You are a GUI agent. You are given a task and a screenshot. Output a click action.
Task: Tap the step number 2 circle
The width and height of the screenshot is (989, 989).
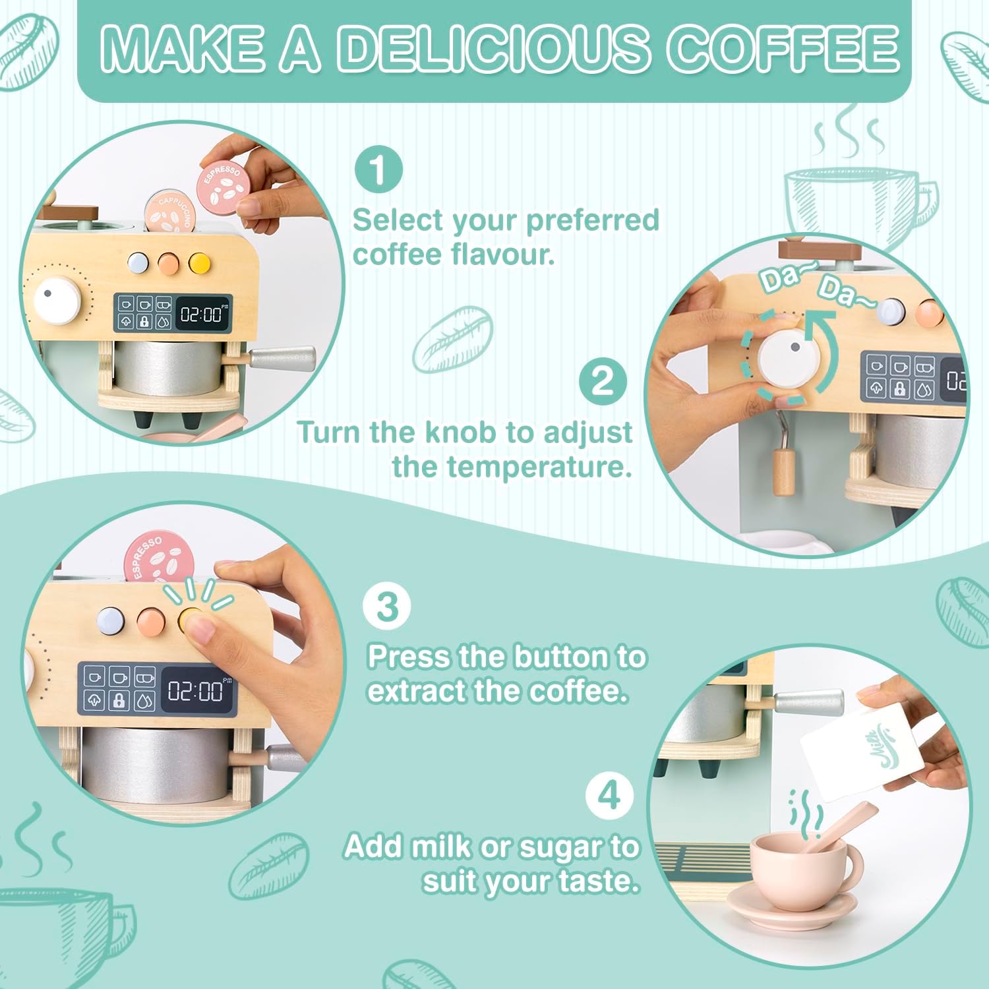click(603, 381)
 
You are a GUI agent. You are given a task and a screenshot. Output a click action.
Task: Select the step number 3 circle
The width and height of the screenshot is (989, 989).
click(387, 605)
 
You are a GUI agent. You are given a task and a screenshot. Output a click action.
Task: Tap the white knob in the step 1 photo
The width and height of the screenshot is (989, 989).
click(58, 300)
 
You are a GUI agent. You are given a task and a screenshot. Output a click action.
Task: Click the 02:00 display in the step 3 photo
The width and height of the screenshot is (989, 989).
click(197, 690)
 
